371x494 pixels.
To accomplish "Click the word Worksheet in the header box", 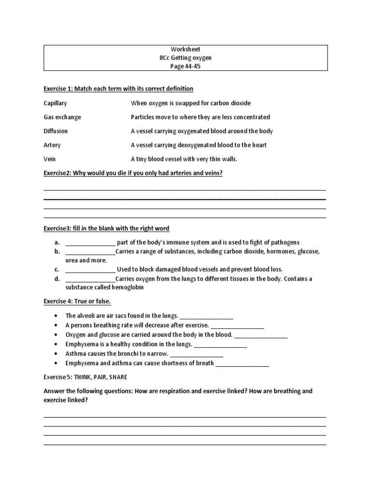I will (185, 49).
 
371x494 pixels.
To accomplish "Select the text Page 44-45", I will (185, 67).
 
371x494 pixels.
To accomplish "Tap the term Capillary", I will (56, 103).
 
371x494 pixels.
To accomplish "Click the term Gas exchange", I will (62, 117).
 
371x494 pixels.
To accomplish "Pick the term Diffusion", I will (56, 131).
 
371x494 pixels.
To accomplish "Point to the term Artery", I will (52, 145).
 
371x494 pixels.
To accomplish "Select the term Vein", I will (49, 159).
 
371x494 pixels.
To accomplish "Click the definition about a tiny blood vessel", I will (184, 159).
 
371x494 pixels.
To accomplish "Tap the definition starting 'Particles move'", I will (200, 117).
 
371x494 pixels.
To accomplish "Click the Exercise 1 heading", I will (118, 89).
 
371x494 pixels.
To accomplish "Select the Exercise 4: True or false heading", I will (77, 302).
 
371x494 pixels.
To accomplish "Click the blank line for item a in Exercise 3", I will (90, 243).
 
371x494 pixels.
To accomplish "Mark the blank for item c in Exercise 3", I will (90, 270).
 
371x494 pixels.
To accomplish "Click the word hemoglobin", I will (128, 288).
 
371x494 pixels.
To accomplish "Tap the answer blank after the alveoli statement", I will (207, 316).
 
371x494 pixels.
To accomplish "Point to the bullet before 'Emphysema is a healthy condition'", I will (57, 344).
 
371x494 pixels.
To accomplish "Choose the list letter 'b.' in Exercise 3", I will (57, 251).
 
